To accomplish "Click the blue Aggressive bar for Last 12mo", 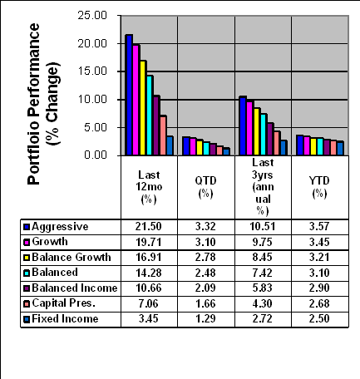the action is click(x=129, y=95).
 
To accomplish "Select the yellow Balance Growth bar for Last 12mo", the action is click(x=143, y=108).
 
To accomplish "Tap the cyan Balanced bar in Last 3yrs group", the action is click(x=264, y=135).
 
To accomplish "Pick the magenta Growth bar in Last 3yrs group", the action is click(x=250, y=128).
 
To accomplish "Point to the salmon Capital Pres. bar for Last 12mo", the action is click(x=164, y=135).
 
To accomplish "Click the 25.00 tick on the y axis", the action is click(x=92, y=15).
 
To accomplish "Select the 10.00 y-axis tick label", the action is click(x=92, y=99).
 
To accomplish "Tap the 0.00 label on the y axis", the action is click(x=96, y=155).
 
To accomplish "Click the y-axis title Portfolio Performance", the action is click(x=33, y=104).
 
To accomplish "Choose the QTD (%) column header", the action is click(x=205, y=187).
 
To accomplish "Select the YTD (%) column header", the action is click(x=319, y=187).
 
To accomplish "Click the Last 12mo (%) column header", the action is click(x=149, y=187).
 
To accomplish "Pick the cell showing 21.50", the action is click(x=149, y=227).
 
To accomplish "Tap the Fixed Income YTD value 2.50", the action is click(x=319, y=318).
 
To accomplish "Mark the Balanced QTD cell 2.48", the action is click(x=205, y=273).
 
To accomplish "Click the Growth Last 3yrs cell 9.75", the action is click(x=262, y=242).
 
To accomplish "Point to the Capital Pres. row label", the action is click(x=64, y=303).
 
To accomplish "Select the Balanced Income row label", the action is click(x=75, y=288).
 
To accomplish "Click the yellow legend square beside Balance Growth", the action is click(x=27, y=258).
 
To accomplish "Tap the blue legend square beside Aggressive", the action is click(x=27, y=228).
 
